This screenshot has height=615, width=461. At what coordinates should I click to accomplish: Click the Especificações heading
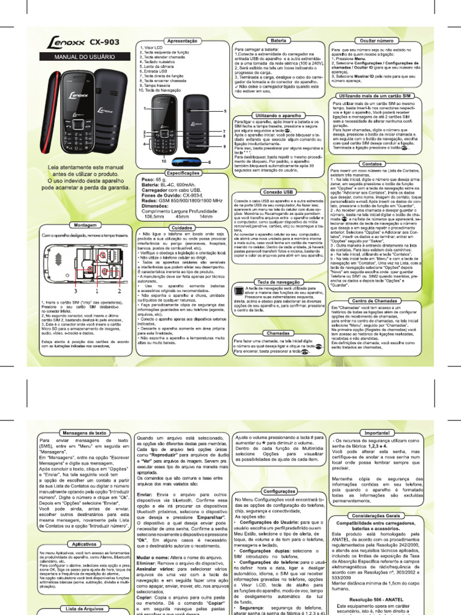click(x=183, y=172)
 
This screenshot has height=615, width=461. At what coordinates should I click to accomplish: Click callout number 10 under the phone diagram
click(x=163, y=161)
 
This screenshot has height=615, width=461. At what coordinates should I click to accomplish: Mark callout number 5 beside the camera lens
click(x=224, y=112)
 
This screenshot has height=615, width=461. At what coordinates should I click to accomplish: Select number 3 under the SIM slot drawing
click(x=77, y=290)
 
